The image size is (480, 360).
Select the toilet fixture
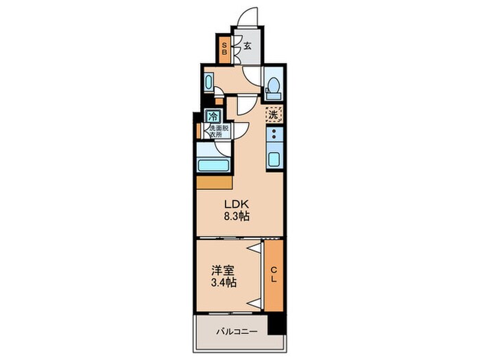[x=274, y=86]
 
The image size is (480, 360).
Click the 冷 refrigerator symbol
[x=214, y=117]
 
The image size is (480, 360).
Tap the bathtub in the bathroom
[x=213, y=165]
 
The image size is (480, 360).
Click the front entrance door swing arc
[x=250, y=17]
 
